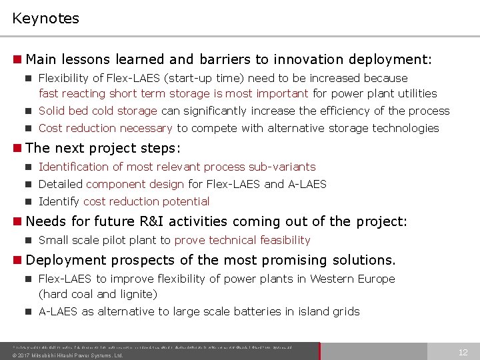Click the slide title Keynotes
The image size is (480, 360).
[x=45, y=18]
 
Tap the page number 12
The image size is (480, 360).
[x=462, y=352]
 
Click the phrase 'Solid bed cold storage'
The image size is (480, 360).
[x=98, y=111]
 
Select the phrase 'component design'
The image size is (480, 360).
[x=135, y=184]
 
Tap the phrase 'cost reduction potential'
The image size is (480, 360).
[x=147, y=201]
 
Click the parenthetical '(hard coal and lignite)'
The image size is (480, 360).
[x=97, y=294]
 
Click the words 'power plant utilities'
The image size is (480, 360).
[x=395, y=93]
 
